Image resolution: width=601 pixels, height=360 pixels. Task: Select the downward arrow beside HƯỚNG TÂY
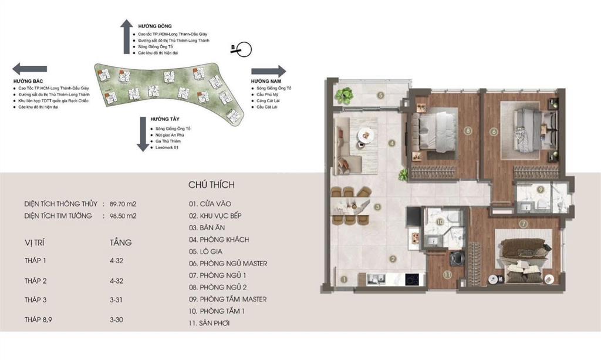[142, 134]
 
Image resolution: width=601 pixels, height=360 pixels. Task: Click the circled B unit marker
[242, 49]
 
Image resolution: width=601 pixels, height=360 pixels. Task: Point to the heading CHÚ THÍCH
[211, 185]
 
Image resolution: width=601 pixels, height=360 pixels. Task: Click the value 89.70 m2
[123, 204]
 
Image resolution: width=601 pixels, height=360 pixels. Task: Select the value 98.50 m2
[123, 216]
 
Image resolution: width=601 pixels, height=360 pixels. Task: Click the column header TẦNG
[120, 242]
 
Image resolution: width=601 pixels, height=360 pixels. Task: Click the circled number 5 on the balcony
[380, 95]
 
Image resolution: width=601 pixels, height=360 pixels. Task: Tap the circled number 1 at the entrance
[344, 280]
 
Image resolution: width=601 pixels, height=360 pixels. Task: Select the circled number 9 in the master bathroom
[540, 190]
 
